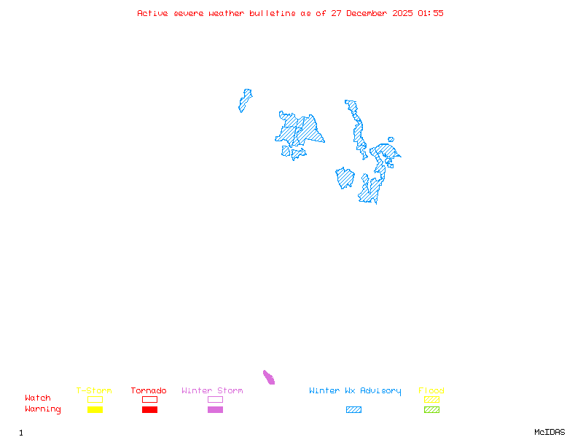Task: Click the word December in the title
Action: point(369,13)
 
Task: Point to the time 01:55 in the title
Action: point(431,13)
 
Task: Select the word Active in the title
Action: point(152,13)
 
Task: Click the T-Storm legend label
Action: point(94,390)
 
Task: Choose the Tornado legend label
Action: point(149,390)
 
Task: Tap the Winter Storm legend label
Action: point(212,390)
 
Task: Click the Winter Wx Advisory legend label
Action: point(355,390)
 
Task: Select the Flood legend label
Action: point(431,390)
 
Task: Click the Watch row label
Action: point(38,398)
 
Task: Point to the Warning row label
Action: point(43,409)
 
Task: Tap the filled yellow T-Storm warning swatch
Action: point(95,410)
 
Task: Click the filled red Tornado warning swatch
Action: point(149,410)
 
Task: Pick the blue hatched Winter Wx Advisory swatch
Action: point(353,410)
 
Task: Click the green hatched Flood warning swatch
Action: point(431,410)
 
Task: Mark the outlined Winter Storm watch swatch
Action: point(215,399)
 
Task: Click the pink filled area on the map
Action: point(269,377)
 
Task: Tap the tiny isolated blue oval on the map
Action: point(391,139)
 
